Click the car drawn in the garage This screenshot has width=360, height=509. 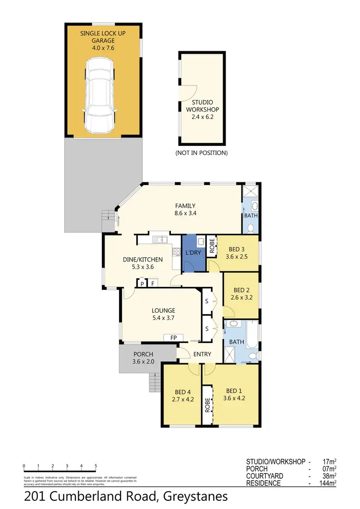tap(100, 96)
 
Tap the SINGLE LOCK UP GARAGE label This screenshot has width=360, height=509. tap(104, 40)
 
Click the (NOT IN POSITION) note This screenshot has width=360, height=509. tap(201, 153)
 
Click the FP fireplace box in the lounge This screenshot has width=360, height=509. tap(174, 338)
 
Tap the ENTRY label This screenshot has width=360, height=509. tap(203, 354)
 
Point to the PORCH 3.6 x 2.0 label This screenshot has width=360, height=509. tap(143, 358)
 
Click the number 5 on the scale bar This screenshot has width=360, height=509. tap(96, 466)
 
